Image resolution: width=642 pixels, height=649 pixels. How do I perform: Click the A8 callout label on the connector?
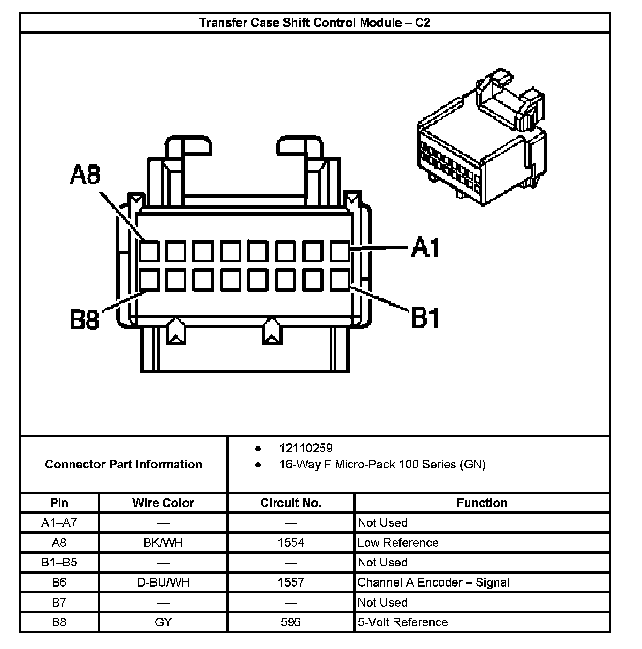click(x=85, y=175)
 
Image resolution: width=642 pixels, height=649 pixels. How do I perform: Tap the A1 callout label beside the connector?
click(x=425, y=248)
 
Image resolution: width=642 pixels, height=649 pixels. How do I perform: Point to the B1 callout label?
click(x=425, y=318)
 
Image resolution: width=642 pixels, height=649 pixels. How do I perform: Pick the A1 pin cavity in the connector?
click(x=340, y=251)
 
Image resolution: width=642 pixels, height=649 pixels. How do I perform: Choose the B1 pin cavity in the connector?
click(x=340, y=280)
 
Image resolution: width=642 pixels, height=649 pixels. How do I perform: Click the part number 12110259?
click(x=306, y=448)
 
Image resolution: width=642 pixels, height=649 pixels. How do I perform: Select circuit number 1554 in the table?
click(x=291, y=542)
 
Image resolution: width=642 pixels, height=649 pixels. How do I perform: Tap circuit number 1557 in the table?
click(x=291, y=582)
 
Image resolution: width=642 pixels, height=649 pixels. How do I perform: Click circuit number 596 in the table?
click(x=291, y=622)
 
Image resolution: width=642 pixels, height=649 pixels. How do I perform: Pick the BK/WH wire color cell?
click(x=163, y=542)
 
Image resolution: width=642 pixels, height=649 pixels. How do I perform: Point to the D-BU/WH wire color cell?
click(x=163, y=582)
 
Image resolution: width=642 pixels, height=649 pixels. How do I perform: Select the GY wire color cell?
click(x=163, y=622)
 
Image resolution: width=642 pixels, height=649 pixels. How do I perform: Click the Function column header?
click(x=481, y=503)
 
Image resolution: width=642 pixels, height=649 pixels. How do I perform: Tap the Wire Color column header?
click(x=163, y=503)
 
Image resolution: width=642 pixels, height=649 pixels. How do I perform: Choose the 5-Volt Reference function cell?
click(x=402, y=622)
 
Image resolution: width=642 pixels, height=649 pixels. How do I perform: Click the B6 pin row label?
click(x=59, y=582)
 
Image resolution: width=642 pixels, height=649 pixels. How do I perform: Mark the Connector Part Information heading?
click(x=123, y=464)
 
